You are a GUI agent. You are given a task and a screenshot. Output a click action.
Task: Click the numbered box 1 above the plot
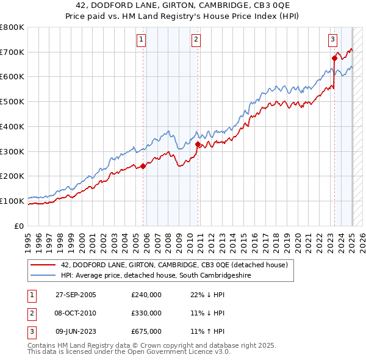click(x=141, y=40)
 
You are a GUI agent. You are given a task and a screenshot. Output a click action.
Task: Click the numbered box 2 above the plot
click(x=196, y=40)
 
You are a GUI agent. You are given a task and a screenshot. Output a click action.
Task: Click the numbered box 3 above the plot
click(x=332, y=40)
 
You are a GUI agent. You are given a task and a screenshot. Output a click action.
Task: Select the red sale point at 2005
click(x=143, y=166)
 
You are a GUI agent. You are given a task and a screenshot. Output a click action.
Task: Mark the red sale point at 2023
click(x=334, y=59)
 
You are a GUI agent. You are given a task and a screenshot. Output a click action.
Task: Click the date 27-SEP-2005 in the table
click(x=76, y=295)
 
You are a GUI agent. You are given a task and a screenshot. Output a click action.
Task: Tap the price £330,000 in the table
click(x=146, y=313)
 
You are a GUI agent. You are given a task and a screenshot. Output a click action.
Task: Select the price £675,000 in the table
click(x=146, y=331)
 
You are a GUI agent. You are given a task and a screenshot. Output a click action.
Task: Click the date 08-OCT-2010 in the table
click(x=76, y=313)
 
